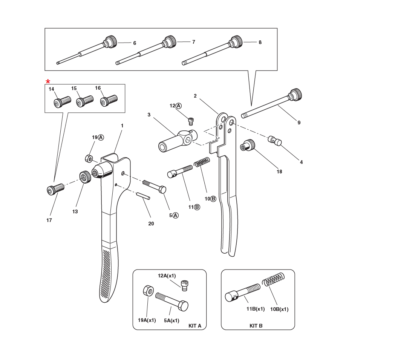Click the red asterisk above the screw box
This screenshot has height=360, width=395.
(48, 82)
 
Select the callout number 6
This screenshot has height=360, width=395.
(135, 43)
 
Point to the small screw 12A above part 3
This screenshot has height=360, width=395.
(191, 121)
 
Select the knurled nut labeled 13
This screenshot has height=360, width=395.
(86, 176)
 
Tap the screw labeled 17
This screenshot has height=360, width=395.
(55, 189)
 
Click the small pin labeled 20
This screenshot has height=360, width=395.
(144, 196)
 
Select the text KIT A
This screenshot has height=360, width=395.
(195, 326)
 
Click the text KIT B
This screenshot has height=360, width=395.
(256, 326)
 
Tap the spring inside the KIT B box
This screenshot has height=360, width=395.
(274, 281)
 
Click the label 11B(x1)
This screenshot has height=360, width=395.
(256, 309)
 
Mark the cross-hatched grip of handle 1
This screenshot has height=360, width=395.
(107, 273)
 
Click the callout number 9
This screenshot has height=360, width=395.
(299, 123)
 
